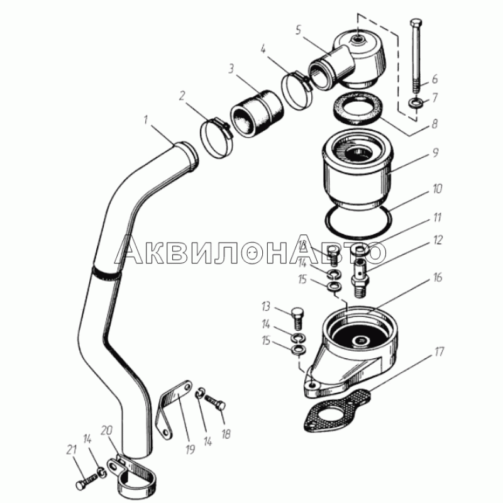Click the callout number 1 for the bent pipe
(146, 120)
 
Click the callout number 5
(298, 30)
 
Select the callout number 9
(435, 153)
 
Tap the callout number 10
(437, 189)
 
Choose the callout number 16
(437, 277)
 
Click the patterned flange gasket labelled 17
(338, 411)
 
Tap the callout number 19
(190, 450)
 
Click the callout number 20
(106, 430)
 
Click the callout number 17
(439, 351)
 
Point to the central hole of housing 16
(361, 340)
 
